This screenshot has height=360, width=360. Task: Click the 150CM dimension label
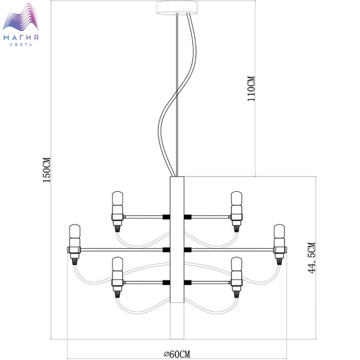(x=47, y=170)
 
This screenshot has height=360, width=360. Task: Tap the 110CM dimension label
(x=251, y=88)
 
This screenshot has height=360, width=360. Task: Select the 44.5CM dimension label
(x=312, y=258)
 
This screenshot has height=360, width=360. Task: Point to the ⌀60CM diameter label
(x=177, y=354)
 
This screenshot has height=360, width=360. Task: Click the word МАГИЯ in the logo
(x=21, y=38)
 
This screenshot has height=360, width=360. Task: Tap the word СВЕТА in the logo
(x=21, y=45)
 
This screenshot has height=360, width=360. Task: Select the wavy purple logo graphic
(x=21, y=17)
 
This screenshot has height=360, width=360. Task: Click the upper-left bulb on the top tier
(x=117, y=199)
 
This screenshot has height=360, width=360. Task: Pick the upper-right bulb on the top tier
(x=237, y=199)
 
